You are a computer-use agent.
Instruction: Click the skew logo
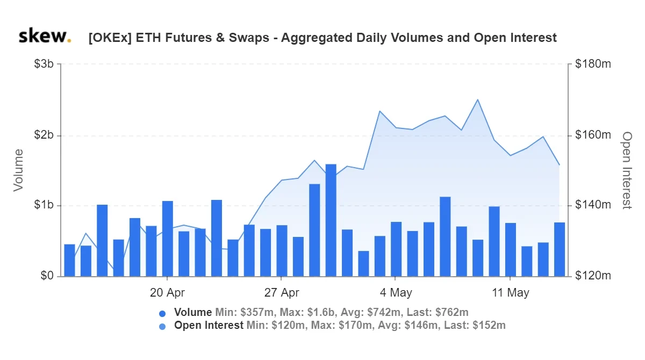click(x=45, y=36)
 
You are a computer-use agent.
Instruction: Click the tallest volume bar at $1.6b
click(x=331, y=220)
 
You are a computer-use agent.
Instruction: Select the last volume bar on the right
click(x=560, y=249)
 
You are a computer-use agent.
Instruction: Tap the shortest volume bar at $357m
click(x=363, y=264)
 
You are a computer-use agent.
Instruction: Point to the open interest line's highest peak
click(x=478, y=99)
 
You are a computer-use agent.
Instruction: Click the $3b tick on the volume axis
click(x=44, y=64)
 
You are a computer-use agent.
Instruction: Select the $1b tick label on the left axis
click(x=44, y=205)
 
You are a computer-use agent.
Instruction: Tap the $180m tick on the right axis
click(x=593, y=64)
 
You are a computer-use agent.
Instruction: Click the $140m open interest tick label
click(x=593, y=205)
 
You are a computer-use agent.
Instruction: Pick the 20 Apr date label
click(x=167, y=293)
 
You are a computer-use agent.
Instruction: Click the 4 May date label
click(x=396, y=293)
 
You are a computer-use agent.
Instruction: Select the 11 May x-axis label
click(x=511, y=293)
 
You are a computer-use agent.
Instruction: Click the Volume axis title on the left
click(x=18, y=170)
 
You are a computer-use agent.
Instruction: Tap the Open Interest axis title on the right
click(x=627, y=170)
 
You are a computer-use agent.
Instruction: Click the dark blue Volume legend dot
click(x=162, y=314)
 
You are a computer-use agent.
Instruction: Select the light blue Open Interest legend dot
click(x=162, y=327)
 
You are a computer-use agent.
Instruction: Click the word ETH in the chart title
click(x=148, y=38)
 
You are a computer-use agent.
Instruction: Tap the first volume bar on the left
click(x=69, y=261)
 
